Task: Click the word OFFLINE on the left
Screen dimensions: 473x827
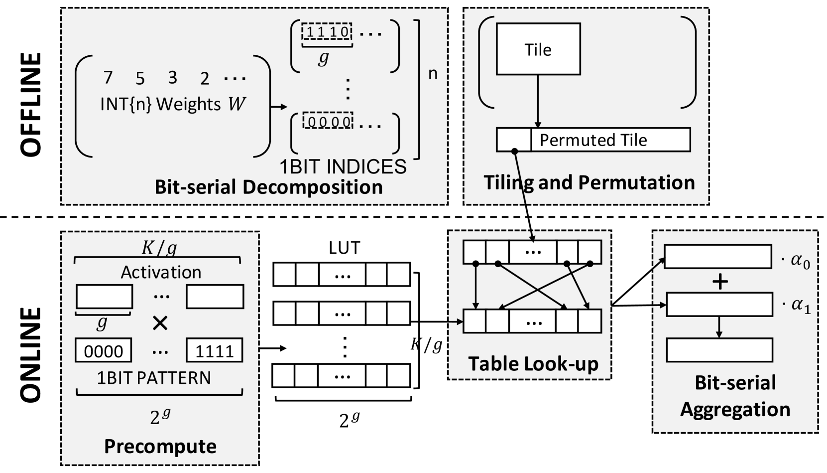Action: click(31, 105)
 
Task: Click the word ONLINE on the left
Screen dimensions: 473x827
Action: click(31, 355)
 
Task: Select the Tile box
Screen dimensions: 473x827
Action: click(538, 49)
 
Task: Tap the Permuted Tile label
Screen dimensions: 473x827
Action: click(593, 140)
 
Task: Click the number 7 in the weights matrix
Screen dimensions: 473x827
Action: click(108, 78)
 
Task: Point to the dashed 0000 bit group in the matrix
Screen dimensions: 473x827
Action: click(328, 121)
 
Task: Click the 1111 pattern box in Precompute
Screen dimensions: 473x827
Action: click(214, 351)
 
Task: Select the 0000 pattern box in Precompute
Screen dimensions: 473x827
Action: click(103, 351)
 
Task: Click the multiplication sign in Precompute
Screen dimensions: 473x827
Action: click(160, 323)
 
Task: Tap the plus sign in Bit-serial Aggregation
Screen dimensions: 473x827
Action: click(720, 282)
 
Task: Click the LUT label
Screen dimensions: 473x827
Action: click(344, 248)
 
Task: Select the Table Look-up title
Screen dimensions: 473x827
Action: click(533, 364)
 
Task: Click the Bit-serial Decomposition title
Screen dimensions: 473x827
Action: click(268, 187)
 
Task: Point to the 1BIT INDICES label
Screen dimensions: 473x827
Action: click(343, 166)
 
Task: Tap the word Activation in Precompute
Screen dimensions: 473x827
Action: click(161, 272)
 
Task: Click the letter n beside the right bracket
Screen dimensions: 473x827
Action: click(433, 73)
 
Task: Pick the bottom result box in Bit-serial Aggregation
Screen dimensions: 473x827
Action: click(719, 350)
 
